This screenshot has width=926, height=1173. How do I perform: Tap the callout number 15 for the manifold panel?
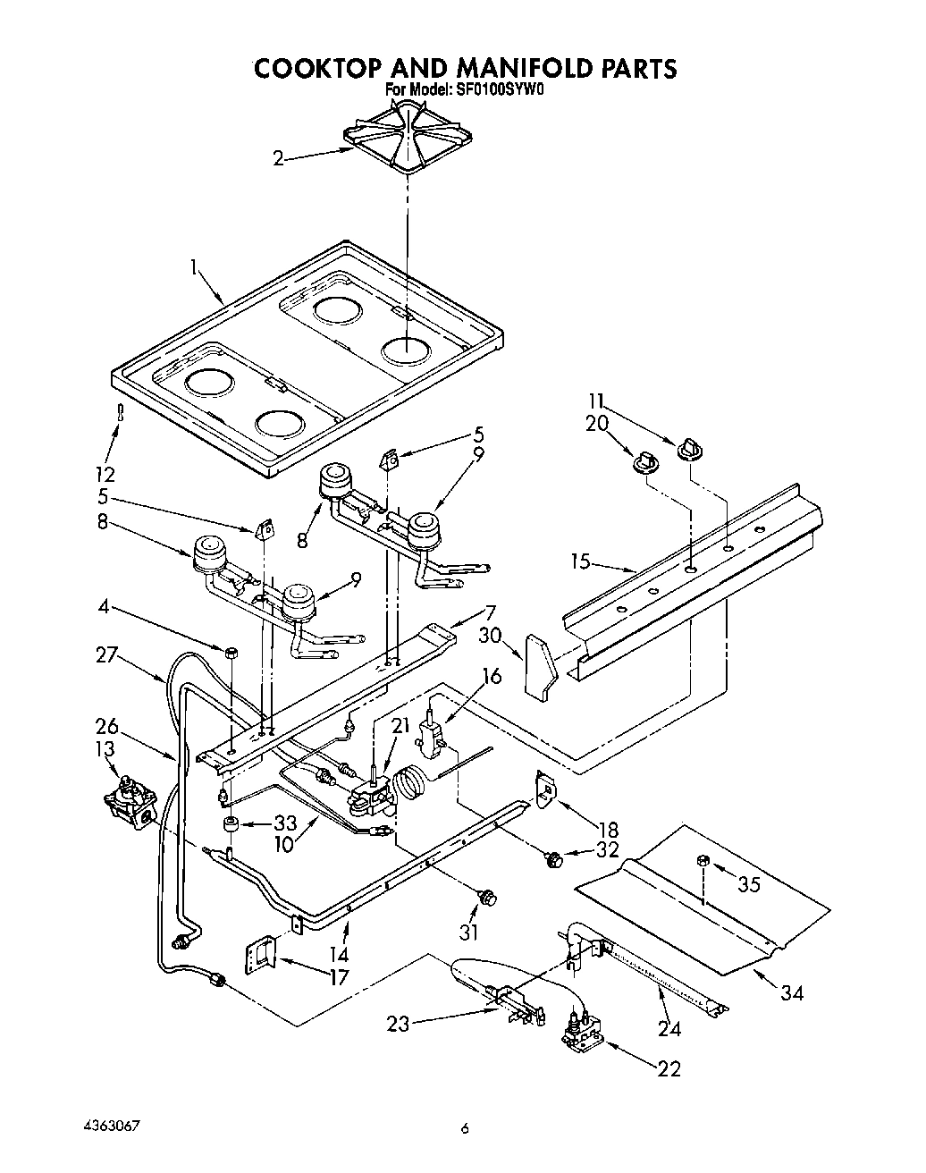[582, 561]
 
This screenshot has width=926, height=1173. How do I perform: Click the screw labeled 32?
[551, 860]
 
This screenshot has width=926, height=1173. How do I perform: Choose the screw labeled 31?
[488, 897]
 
